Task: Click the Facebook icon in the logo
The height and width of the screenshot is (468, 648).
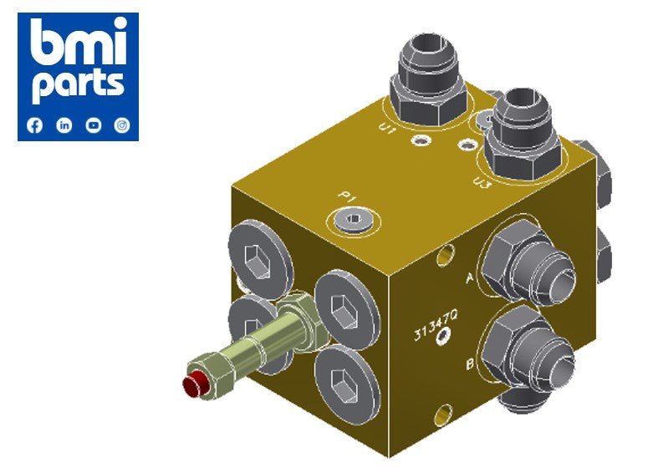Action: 34,125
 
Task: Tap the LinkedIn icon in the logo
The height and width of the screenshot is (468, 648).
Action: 64,125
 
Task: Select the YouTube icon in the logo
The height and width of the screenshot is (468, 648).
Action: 93,125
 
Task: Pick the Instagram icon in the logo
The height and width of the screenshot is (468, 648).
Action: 122,125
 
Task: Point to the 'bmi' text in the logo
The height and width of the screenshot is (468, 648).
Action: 78,42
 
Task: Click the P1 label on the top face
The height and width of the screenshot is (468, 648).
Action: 347,198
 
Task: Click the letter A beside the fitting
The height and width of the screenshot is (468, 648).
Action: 470,277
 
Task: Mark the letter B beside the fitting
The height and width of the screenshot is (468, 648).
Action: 470,364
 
